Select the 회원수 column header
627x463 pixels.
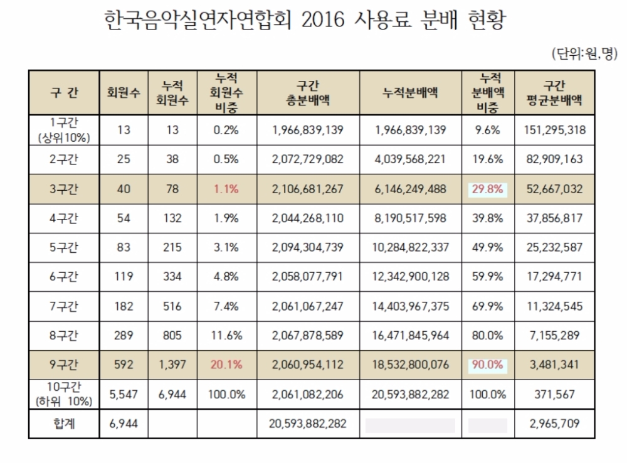[x=124, y=93]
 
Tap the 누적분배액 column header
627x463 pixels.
[x=410, y=93]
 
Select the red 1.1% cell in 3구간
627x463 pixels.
[x=226, y=189]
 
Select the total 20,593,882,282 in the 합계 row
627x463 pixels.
[x=308, y=425]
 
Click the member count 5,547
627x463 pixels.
[x=124, y=395]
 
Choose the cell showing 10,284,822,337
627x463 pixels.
[x=410, y=247]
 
